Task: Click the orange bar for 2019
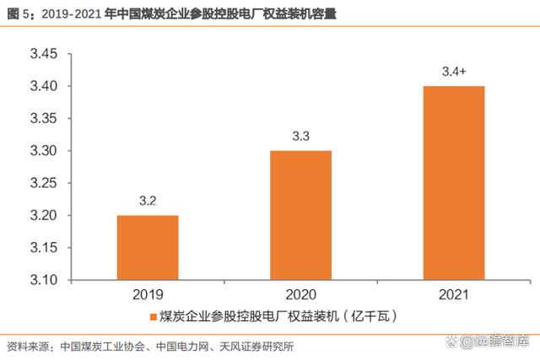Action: pos(148,247)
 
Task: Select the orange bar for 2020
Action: pos(300,215)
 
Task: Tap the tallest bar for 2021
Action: pos(454,182)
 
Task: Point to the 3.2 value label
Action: pos(148,202)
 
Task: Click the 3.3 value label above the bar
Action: pos(300,137)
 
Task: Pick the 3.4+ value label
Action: pos(454,72)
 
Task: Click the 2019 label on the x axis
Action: pos(148,296)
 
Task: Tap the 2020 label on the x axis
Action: pos(300,296)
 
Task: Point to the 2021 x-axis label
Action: pos(454,296)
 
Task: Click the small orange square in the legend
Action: pos(154,318)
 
